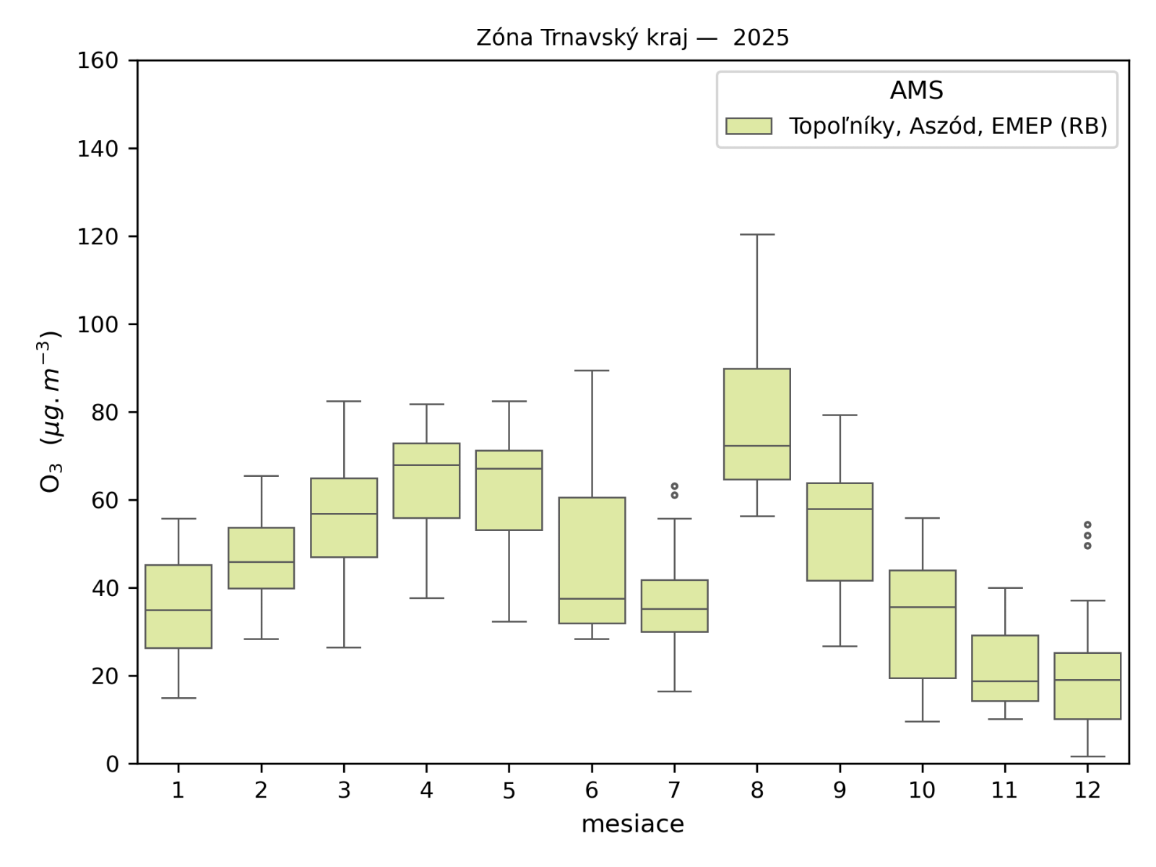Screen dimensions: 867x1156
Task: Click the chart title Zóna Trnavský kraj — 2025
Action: pos(632,38)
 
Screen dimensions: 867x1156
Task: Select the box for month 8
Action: pos(756,424)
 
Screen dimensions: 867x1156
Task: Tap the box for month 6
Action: pos(592,560)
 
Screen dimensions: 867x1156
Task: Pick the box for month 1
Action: pos(178,606)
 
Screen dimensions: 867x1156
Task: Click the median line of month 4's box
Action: pos(426,465)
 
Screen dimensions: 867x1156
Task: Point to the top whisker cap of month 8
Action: pos(756,235)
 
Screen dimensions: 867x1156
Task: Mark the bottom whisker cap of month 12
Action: pos(1087,756)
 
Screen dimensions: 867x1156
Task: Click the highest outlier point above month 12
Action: pos(1087,525)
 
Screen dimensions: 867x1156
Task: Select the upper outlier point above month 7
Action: pos(674,486)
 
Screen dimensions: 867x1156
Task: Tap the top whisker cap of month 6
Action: pos(592,371)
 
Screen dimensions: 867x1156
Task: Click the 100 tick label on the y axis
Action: pos(98,324)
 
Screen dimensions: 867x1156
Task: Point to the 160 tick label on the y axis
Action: pos(98,61)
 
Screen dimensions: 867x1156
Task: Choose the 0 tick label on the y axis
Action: pos(111,764)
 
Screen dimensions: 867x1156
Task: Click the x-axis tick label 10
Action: pos(922,790)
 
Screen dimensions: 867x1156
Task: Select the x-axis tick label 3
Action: pos(344,790)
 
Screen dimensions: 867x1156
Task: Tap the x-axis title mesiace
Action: pos(632,824)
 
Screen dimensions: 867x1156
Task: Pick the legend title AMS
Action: pos(916,90)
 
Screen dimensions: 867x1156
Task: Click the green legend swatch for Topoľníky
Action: pos(749,126)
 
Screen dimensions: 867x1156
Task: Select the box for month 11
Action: pos(1005,668)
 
